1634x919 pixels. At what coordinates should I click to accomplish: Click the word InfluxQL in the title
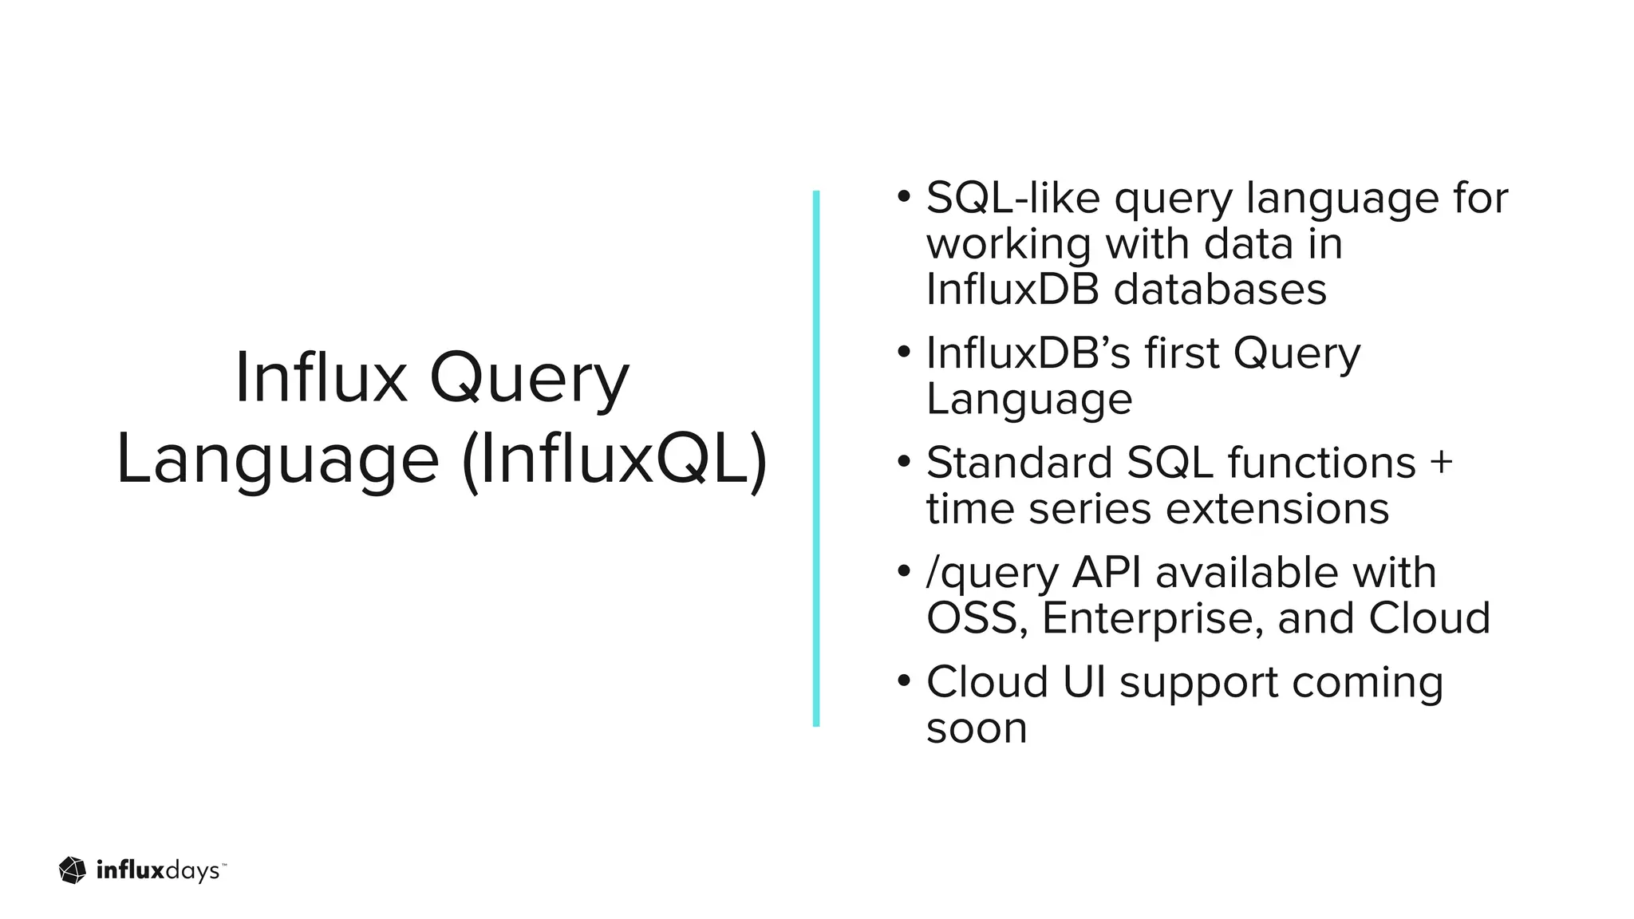[614, 460]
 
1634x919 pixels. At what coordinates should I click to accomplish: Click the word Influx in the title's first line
[321, 378]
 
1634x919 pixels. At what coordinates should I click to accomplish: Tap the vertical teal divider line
[815, 459]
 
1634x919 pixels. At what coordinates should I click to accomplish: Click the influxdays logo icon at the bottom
[73, 870]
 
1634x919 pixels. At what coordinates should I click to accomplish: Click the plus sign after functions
[1441, 463]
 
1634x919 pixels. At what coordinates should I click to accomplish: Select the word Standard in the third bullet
[1019, 463]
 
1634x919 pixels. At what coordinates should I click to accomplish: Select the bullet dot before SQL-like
[903, 196]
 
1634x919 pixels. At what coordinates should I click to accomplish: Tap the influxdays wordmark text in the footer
[159, 870]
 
